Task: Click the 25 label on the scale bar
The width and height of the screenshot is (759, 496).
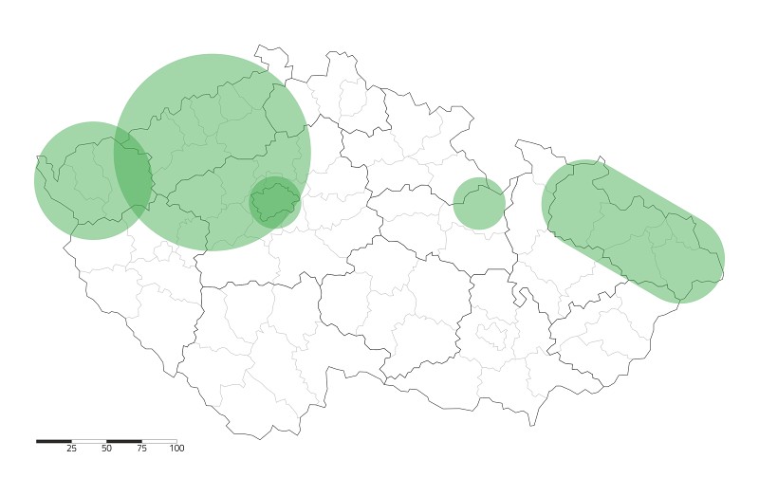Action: (x=71, y=449)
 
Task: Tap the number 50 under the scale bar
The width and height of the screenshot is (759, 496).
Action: (x=106, y=449)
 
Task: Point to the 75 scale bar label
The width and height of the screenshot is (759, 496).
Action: (x=141, y=449)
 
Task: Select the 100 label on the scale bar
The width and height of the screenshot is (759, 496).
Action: (x=176, y=449)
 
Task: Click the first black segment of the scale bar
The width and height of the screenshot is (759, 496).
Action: (x=54, y=441)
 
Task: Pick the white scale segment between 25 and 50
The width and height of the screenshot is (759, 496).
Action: (x=89, y=441)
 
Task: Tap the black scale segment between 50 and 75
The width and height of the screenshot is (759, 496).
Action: (x=124, y=441)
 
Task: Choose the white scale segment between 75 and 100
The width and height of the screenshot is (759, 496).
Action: (x=159, y=441)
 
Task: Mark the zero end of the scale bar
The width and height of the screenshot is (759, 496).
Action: (x=37, y=441)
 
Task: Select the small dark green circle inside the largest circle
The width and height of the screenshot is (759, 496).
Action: (x=274, y=201)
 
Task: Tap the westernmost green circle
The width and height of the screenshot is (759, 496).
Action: (x=81, y=180)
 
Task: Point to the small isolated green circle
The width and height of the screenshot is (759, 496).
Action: (x=478, y=203)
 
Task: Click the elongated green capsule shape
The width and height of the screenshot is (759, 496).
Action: (x=633, y=231)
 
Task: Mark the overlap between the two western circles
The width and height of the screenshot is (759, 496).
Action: (x=133, y=175)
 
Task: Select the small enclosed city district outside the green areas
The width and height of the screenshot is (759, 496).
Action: (x=492, y=334)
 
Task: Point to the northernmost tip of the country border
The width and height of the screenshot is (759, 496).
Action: (x=257, y=46)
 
